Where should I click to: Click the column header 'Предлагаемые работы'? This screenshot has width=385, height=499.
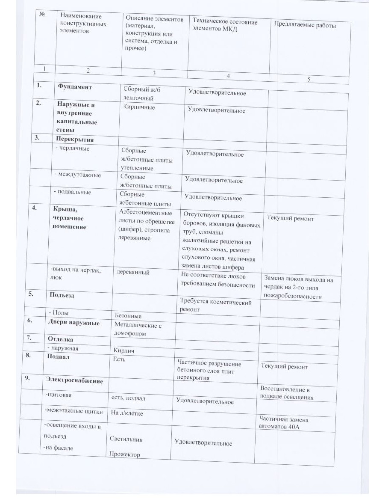(305, 25)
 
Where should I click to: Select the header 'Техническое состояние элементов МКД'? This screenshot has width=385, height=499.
(225, 26)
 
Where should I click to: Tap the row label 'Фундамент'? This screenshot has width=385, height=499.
(75, 86)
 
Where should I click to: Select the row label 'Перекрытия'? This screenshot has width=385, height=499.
(74, 139)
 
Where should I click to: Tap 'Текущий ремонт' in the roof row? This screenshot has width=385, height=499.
(290, 218)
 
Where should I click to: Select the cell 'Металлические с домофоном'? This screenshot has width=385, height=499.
(136, 329)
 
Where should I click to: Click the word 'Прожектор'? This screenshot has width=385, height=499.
(125, 454)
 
